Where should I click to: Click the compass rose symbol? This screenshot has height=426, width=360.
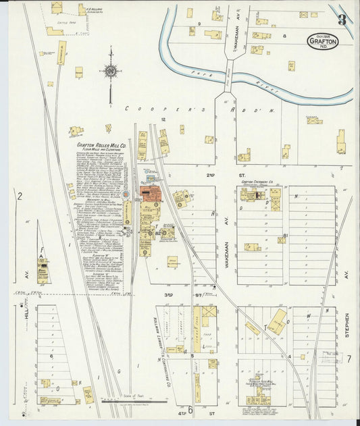click(x=110, y=71)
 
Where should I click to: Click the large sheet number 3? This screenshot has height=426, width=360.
click(x=342, y=20)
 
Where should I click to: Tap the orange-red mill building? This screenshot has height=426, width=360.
click(x=151, y=192)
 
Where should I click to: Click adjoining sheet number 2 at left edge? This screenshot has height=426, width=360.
click(x=20, y=196)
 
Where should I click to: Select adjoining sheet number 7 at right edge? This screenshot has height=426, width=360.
click(x=349, y=358)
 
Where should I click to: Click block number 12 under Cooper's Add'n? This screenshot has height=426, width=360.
click(x=162, y=119)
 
